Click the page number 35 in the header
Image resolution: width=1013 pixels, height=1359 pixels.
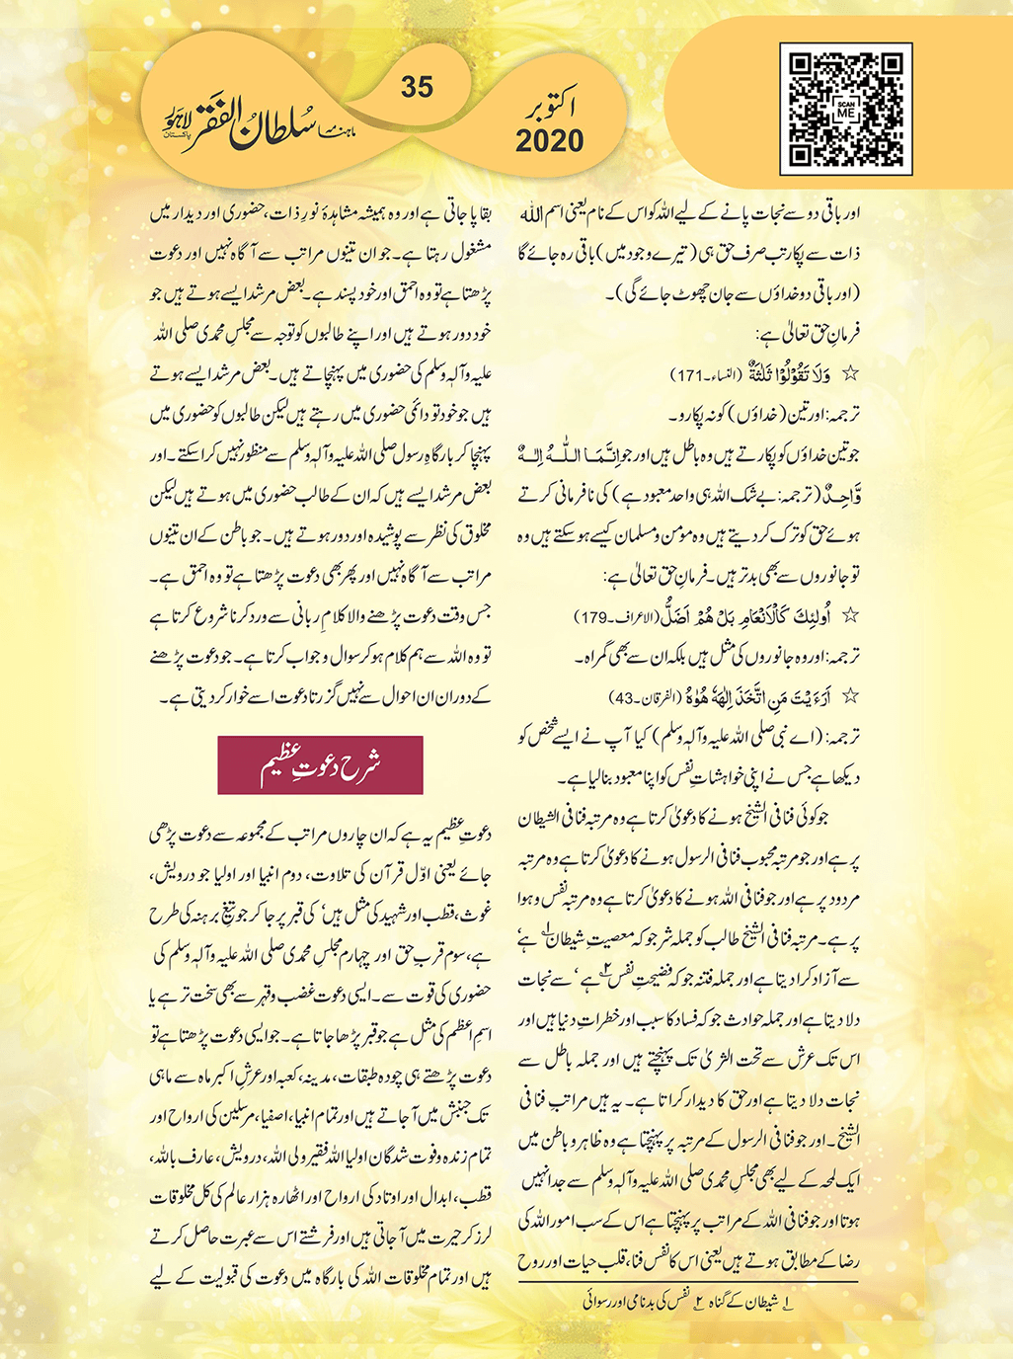(417, 87)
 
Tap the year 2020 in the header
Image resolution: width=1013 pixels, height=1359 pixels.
(549, 140)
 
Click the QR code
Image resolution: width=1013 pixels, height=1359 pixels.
(846, 108)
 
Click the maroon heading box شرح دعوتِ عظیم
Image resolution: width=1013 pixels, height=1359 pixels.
(320, 764)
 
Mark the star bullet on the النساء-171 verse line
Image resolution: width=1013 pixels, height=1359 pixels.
(850, 374)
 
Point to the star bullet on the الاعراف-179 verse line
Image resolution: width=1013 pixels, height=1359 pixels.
(850, 616)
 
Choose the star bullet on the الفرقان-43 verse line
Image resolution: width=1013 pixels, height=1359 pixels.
(850, 696)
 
